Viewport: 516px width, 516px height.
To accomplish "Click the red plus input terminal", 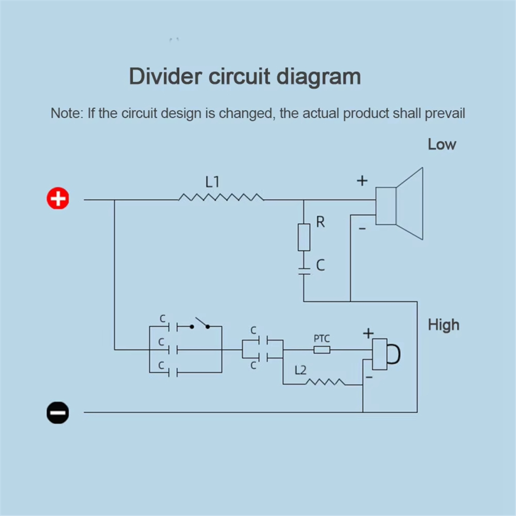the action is [58, 199].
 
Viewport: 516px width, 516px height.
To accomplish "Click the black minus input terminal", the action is [58, 412].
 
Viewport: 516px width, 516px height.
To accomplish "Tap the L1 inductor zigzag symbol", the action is [221, 197].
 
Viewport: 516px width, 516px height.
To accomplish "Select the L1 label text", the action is [212, 182].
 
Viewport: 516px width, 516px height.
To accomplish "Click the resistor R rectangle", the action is [304, 237].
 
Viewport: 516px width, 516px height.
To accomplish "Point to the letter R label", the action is [320, 222].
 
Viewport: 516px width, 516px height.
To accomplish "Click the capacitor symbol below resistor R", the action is [304, 271].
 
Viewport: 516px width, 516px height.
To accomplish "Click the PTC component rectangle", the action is [322, 350].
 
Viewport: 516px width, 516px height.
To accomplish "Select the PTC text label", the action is [322, 338].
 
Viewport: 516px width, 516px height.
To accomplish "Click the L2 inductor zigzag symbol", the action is [325, 382].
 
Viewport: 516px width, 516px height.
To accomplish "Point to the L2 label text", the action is [300, 370].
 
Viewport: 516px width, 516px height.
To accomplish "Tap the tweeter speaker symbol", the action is [386, 354].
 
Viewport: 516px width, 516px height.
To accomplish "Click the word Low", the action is [441, 144].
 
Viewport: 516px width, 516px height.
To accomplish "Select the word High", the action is [444, 325].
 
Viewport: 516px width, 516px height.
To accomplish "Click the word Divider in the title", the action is [166, 76].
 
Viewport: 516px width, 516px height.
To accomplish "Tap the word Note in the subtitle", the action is [65, 113].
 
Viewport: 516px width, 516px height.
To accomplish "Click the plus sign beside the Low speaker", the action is [362, 181].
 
